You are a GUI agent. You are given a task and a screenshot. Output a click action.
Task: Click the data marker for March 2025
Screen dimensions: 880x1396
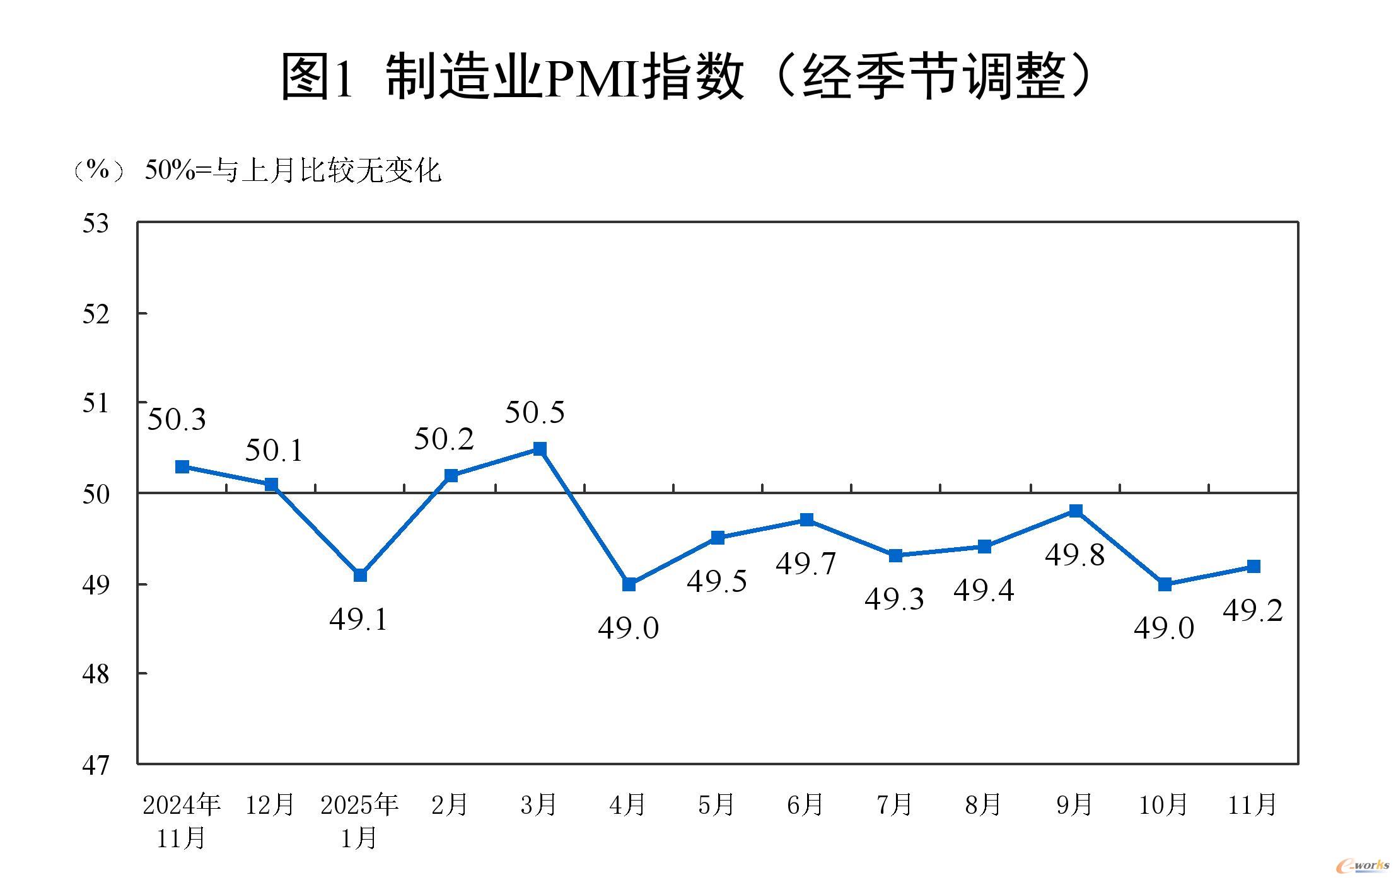(x=540, y=449)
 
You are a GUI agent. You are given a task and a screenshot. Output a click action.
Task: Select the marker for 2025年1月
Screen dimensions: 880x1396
(x=360, y=575)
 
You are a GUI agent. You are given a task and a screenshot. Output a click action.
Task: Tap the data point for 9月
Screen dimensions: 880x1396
(x=1076, y=511)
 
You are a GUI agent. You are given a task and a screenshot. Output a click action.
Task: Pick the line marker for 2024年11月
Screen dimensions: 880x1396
(x=182, y=466)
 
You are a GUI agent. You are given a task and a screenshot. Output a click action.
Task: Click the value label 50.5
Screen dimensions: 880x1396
(x=535, y=412)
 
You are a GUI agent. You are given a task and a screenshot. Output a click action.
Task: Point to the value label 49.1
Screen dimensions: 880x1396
(x=358, y=619)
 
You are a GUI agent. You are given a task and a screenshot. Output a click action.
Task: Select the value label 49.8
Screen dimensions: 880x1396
(x=1074, y=555)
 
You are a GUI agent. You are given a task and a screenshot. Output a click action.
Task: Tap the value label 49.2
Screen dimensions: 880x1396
(x=1252, y=610)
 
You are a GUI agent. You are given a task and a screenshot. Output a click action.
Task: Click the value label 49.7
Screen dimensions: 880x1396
(x=805, y=563)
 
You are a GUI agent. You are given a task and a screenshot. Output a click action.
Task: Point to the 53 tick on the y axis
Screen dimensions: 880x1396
(x=96, y=224)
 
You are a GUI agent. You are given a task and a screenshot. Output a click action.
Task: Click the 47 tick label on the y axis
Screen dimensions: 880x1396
(x=96, y=765)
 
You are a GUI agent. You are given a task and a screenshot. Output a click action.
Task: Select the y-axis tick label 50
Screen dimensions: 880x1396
(x=96, y=494)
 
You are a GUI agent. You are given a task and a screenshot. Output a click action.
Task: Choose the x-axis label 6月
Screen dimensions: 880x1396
(x=805, y=805)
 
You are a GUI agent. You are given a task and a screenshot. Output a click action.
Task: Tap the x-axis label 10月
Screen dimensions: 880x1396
(x=1163, y=805)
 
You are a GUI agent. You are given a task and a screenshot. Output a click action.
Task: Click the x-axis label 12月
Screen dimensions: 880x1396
(x=270, y=805)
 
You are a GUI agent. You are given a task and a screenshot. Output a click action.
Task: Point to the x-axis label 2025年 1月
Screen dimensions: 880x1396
(x=359, y=821)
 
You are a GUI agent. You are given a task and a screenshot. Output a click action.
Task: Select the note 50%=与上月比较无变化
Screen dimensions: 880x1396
(x=293, y=171)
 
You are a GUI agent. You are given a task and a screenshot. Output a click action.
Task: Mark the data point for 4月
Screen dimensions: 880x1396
(x=629, y=584)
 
